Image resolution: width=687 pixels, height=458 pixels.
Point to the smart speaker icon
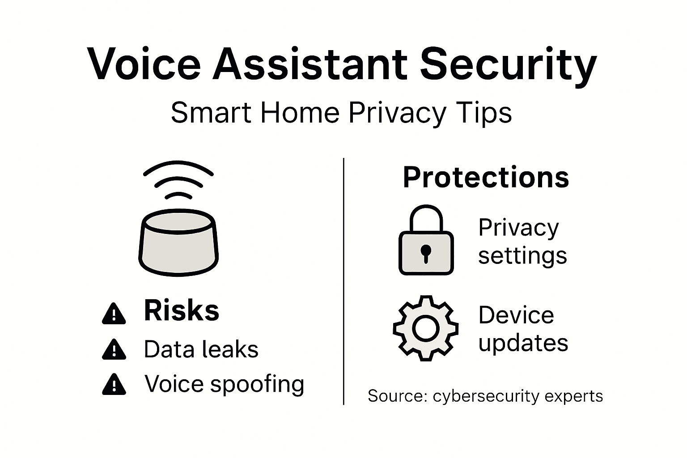tap(178, 242)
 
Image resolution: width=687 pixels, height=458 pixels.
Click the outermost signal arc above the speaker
tap(178, 167)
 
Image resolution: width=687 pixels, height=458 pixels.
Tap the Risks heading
tap(182, 310)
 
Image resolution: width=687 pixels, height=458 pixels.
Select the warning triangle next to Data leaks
tap(114, 349)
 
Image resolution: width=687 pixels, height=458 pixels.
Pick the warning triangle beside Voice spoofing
tap(114, 384)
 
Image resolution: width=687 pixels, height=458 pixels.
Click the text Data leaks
tap(201, 349)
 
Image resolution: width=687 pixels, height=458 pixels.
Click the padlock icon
tap(426, 242)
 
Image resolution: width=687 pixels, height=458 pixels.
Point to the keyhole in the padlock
tap(426, 253)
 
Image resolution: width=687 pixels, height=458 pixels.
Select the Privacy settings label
tap(522, 242)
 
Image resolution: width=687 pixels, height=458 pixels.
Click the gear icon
tap(425, 328)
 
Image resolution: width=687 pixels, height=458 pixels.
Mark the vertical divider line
tap(343, 282)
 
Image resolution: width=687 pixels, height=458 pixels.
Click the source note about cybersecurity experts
tap(485, 396)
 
